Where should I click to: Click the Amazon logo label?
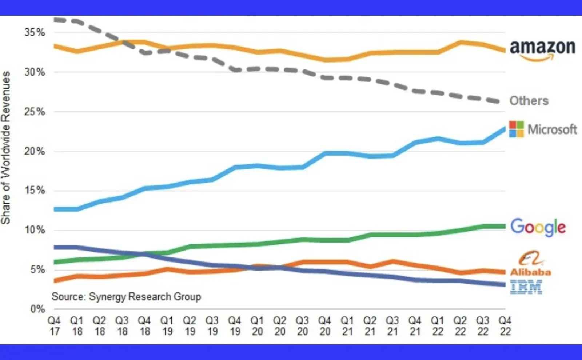542,49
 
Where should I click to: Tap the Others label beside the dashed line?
529,101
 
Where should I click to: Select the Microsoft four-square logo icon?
516,129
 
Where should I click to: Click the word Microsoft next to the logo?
552,129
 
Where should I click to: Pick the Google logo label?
538,227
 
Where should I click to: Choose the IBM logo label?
526,287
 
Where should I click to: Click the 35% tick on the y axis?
35,32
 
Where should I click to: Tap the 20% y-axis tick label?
35,151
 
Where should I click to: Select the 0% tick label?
37,309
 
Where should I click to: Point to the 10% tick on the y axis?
35,230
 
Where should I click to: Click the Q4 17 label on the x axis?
54,326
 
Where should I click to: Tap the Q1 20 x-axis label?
257,326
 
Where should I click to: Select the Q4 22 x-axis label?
505,326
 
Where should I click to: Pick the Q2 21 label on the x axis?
370,326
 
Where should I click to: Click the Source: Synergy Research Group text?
126,297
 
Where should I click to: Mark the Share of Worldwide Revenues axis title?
6,147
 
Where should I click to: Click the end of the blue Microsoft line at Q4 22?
504,128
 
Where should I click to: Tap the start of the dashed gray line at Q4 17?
55,20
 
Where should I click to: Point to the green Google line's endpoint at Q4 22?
504,226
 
